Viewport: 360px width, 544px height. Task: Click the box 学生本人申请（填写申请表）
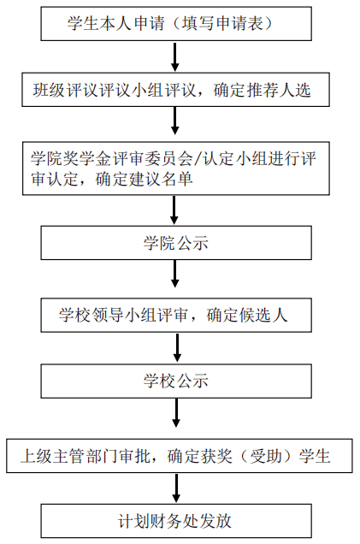pyautogui.click(x=176, y=24)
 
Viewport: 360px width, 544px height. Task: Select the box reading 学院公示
pyautogui.click(x=176, y=243)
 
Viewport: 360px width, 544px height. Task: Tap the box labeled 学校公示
pyautogui.click(x=176, y=381)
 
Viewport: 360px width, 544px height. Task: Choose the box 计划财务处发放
pyautogui.click(x=176, y=521)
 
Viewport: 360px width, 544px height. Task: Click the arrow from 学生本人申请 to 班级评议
pyautogui.click(x=175, y=57)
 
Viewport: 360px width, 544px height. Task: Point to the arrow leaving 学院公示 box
pyautogui.click(x=175, y=274)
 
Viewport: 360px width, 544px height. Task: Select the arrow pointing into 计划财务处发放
pyautogui.click(x=176, y=488)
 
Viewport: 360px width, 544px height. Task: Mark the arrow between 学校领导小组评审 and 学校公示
pyautogui.click(x=177, y=347)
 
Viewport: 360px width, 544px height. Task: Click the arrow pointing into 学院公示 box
pyautogui.click(x=174, y=210)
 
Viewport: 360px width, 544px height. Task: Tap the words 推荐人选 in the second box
pyautogui.click(x=279, y=90)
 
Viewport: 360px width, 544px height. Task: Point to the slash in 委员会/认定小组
pyautogui.click(x=198, y=159)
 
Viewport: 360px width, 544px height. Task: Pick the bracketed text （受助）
pyautogui.click(x=266, y=456)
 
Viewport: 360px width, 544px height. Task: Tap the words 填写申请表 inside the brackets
pyautogui.click(x=222, y=24)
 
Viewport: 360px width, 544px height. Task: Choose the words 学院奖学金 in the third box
pyautogui.click(x=71, y=159)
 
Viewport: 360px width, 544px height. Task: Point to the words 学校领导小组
pyautogui.click(x=108, y=316)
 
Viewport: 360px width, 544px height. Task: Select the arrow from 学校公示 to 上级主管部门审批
pyautogui.click(x=176, y=413)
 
